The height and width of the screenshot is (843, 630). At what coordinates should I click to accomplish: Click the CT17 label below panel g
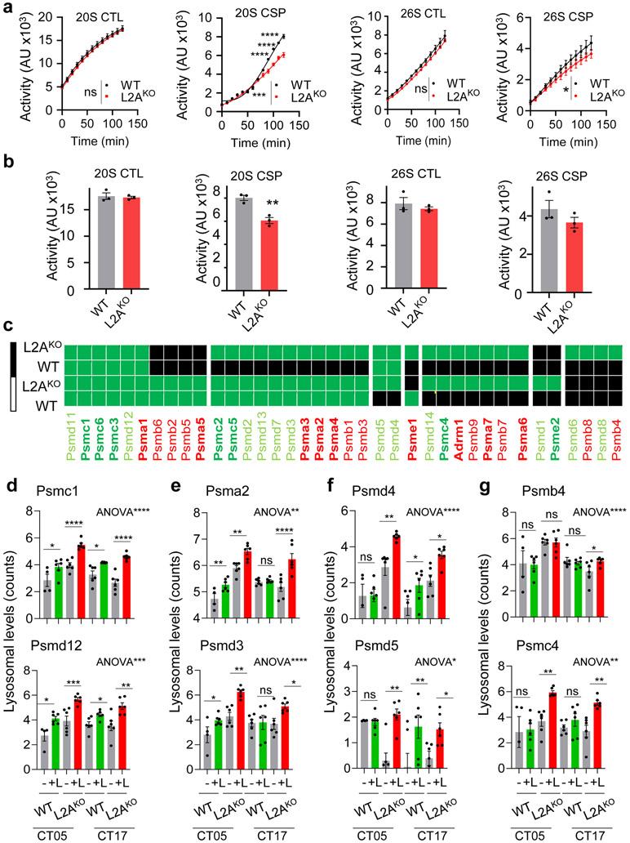[578, 833]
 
